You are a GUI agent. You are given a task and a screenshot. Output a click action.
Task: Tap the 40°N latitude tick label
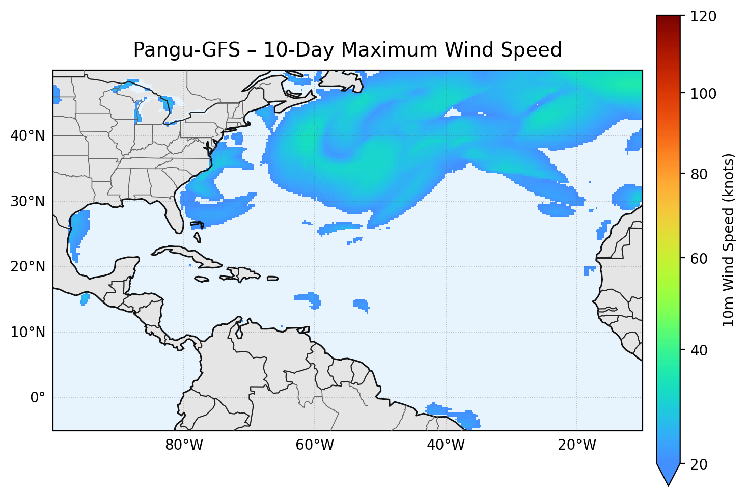tap(27, 136)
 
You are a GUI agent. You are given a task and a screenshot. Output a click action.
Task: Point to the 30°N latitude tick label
tap(27, 202)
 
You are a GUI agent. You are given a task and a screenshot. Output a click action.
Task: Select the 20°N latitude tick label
tap(27, 267)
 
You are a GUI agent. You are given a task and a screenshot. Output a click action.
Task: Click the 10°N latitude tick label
tap(27, 333)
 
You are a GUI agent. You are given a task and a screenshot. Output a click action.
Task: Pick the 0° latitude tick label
tap(38, 398)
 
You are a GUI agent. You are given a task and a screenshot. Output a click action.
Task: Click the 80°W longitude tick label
tap(184, 445)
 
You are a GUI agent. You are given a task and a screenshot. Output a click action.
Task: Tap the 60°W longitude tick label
tap(315, 445)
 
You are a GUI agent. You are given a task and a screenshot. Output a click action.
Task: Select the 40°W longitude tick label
tap(446, 445)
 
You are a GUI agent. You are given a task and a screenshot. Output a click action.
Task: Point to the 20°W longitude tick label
tap(576, 445)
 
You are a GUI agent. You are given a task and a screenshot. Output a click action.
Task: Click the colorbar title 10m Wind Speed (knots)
tap(729, 240)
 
